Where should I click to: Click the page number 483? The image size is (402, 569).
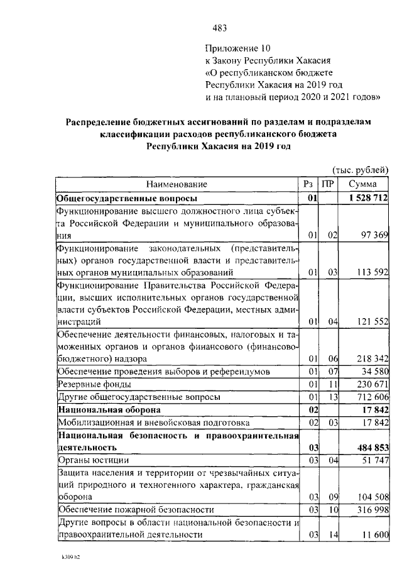pyautogui.click(x=219, y=28)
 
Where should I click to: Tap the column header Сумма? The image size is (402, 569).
pyautogui.click(x=363, y=184)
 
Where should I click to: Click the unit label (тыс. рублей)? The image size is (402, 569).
pyautogui.click(x=360, y=169)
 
